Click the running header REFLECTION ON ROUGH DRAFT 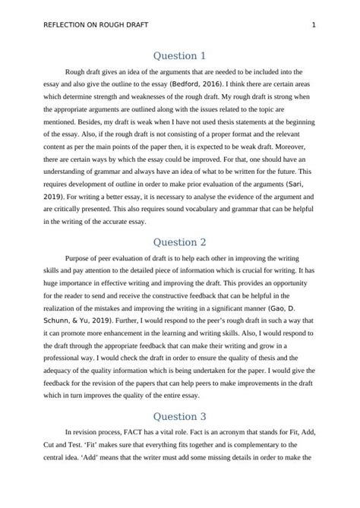point(87,25)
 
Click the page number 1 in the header point(314,25)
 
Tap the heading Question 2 point(179,242)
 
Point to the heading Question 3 point(179,416)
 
